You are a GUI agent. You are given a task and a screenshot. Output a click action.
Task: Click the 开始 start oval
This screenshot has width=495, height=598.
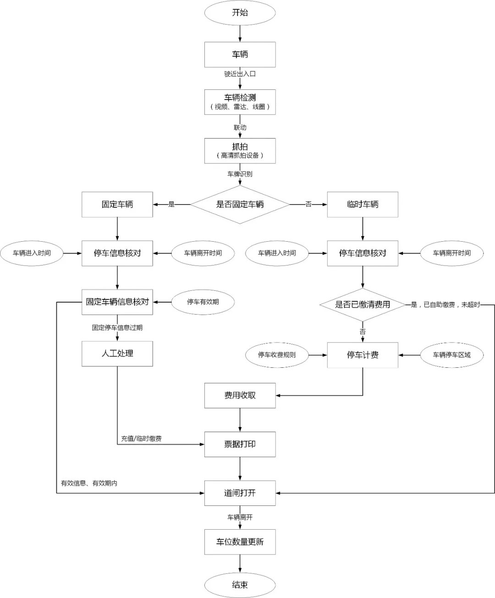(x=240, y=13)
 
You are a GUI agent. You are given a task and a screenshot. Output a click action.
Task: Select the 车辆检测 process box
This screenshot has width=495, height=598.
(x=240, y=102)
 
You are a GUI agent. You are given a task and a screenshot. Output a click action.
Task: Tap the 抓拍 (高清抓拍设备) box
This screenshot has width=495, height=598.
(x=240, y=151)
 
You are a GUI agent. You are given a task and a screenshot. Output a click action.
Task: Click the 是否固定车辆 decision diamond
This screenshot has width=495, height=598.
(x=240, y=205)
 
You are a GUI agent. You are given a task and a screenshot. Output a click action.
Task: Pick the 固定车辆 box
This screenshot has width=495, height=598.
(x=117, y=205)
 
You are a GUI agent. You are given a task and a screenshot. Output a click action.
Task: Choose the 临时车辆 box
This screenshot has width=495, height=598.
(x=363, y=205)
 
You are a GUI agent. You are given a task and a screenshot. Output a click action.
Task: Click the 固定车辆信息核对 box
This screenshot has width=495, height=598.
(x=117, y=302)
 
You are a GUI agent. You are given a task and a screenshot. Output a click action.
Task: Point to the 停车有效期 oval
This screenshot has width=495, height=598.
(x=203, y=302)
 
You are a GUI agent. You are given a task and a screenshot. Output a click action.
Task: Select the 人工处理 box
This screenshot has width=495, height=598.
(x=117, y=354)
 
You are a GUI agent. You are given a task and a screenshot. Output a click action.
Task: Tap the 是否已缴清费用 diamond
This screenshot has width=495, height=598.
(x=363, y=305)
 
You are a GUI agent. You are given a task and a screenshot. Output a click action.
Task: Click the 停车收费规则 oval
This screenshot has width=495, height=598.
(x=277, y=355)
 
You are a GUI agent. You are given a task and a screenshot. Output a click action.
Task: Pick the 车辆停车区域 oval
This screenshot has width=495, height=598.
(x=451, y=355)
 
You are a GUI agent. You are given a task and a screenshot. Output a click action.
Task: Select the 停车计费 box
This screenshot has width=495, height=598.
(x=363, y=355)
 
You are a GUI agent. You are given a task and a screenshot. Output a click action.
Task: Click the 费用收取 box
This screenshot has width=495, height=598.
(x=240, y=395)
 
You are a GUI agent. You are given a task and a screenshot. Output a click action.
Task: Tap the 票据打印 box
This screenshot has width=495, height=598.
(x=240, y=444)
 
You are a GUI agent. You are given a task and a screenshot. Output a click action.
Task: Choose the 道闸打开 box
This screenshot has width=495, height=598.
(x=240, y=493)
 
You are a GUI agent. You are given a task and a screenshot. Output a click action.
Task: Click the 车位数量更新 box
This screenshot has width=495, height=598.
(x=240, y=542)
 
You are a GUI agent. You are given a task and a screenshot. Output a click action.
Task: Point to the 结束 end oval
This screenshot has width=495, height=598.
(x=240, y=585)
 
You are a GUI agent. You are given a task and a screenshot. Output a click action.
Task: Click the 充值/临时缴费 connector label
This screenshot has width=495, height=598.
(x=141, y=438)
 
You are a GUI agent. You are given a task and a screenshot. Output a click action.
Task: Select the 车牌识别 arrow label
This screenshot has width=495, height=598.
(x=240, y=174)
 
